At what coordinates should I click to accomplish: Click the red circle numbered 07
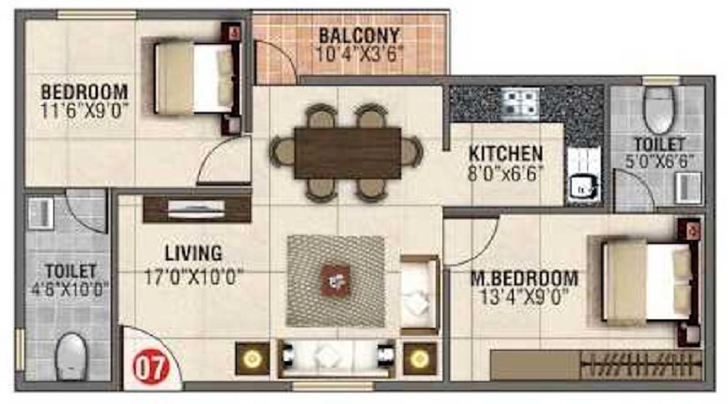pyautogui.click(x=151, y=368)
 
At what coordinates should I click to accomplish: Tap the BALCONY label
pyautogui.click(x=359, y=36)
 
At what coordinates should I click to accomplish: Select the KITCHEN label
pyautogui.click(x=506, y=154)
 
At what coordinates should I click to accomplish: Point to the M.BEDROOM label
pyautogui.click(x=525, y=278)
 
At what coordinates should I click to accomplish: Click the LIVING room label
pyautogui.click(x=193, y=253)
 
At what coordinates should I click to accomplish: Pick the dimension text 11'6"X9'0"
pyautogui.click(x=84, y=112)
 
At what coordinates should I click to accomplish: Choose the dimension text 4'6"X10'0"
pyautogui.click(x=70, y=289)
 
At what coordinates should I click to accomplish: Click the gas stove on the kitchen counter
pyautogui.click(x=520, y=102)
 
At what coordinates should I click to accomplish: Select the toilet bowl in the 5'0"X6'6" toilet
pyautogui.click(x=659, y=109)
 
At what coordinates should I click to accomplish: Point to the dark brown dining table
pyautogui.click(x=348, y=153)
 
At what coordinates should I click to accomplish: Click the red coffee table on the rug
pyautogui.click(x=336, y=280)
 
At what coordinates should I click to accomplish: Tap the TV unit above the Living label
pyautogui.click(x=197, y=208)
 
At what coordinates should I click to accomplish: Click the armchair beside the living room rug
pyautogui.click(x=420, y=294)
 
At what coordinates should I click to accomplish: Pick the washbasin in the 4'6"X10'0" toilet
pyautogui.click(x=41, y=213)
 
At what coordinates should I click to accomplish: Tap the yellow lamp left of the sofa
pyautogui.click(x=252, y=359)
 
